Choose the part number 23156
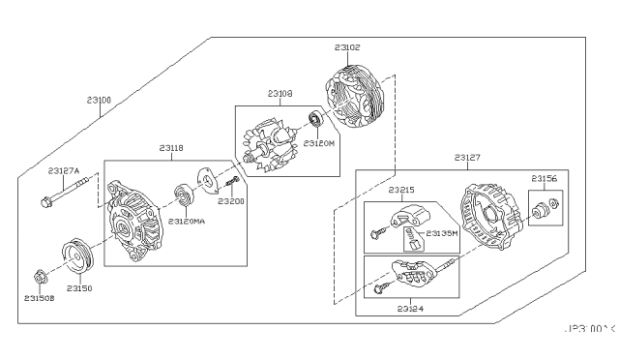tap(545, 178)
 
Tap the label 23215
tap(401, 192)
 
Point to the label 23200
tap(230, 201)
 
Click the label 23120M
tap(318, 142)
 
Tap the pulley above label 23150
tap(75, 258)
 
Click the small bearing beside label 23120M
tap(315, 121)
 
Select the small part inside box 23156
tap(545, 208)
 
